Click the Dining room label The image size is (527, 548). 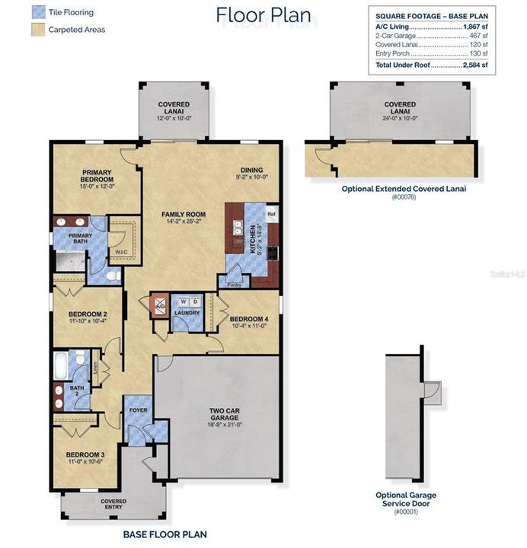point(251,171)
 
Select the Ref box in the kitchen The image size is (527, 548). point(270,215)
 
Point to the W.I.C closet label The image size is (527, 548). point(120,252)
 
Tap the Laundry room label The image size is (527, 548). point(186,313)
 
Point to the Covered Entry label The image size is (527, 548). point(113,505)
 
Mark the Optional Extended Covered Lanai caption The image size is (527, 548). point(403,189)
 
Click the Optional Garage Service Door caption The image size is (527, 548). point(406,499)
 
